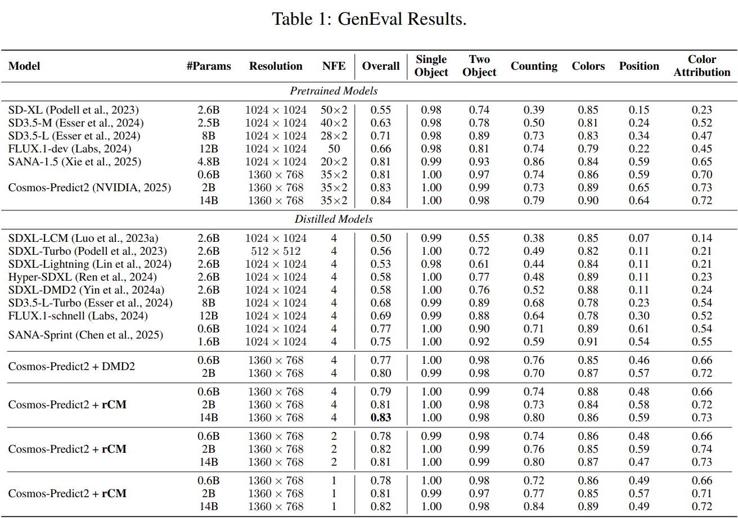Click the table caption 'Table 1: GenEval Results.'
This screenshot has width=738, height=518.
click(369, 19)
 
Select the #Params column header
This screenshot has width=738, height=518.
click(208, 66)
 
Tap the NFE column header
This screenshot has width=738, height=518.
click(334, 66)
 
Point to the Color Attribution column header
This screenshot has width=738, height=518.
click(701, 66)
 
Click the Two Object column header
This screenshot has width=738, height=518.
click(479, 66)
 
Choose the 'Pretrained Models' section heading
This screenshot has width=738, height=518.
click(334, 91)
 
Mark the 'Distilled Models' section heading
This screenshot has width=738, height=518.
click(334, 219)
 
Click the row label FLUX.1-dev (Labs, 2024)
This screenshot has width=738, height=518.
click(70, 148)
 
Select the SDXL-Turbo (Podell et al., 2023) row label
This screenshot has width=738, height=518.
click(87, 251)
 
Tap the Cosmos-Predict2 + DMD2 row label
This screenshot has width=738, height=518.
click(71, 366)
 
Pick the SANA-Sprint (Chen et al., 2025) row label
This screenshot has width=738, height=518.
click(85, 335)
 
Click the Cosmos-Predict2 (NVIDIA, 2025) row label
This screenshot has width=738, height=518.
click(89, 187)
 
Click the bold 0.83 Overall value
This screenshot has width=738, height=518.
click(381, 417)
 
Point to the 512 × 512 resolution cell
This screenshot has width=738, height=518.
click(276, 251)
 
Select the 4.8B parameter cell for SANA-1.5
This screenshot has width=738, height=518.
click(208, 161)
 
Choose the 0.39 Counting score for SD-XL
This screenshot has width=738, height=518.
click(533, 110)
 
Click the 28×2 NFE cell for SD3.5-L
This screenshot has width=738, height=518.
click(334, 136)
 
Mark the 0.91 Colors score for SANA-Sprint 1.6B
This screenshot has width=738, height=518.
click(588, 341)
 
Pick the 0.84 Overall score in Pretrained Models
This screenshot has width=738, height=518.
click(381, 200)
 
